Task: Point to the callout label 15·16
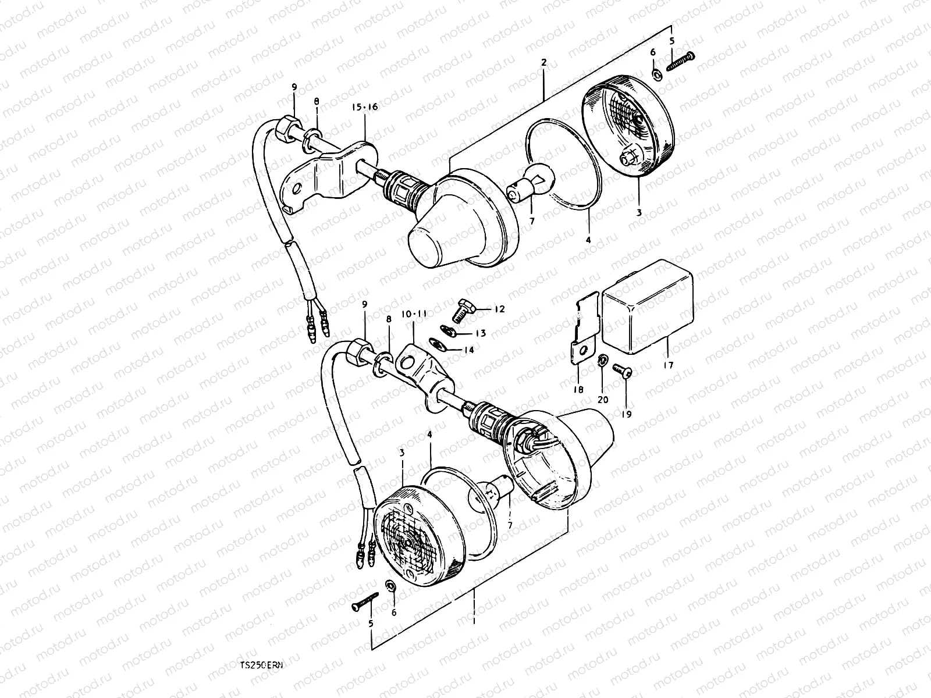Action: [x=364, y=107]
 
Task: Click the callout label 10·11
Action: [x=413, y=313]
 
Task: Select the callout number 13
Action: [x=481, y=333]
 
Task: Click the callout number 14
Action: [x=469, y=350]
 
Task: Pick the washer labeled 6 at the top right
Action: [x=656, y=74]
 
